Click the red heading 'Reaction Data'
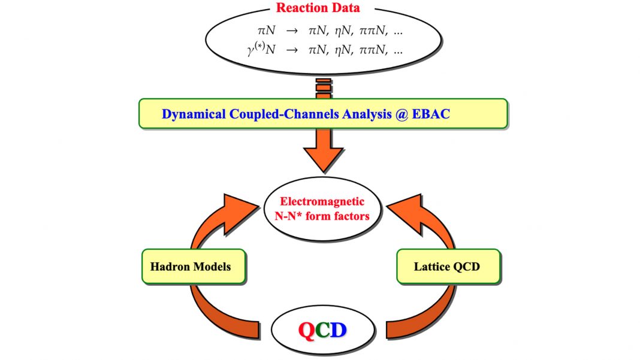318,8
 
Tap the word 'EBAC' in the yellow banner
431,114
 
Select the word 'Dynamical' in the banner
194,114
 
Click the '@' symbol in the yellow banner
401,114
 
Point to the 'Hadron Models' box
194,267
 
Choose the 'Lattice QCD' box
448,267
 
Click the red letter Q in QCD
307,330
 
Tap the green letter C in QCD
322,330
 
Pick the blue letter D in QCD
338,330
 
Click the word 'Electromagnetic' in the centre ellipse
322,201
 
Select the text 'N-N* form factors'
322,216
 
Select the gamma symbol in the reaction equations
251,50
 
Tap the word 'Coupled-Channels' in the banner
284,114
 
